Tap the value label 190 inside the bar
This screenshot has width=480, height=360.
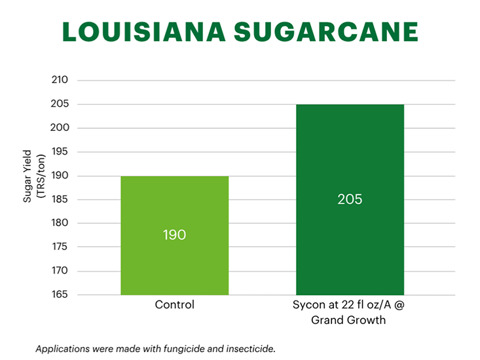point(174,234)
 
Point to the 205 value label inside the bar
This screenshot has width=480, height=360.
point(350,199)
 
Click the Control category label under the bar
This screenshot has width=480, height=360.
point(174,305)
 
